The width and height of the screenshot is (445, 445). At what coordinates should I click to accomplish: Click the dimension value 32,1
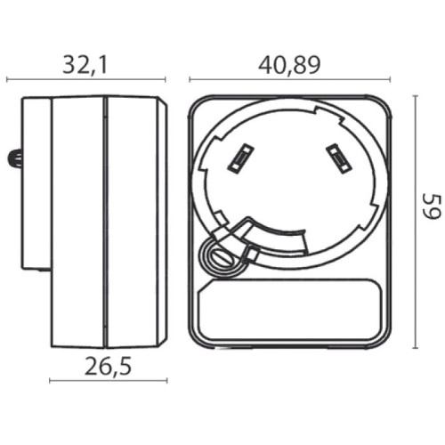click(87, 64)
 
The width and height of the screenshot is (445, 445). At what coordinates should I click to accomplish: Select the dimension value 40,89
click(289, 64)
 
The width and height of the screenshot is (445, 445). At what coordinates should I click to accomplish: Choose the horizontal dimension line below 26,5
click(106, 381)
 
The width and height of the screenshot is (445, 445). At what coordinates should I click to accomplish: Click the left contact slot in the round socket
click(239, 158)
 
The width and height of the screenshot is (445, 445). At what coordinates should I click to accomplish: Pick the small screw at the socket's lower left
click(216, 256)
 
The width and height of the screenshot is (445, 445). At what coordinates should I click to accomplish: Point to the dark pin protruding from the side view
click(14, 160)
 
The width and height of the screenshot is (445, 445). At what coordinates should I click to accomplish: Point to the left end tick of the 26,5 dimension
click(50, 381)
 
